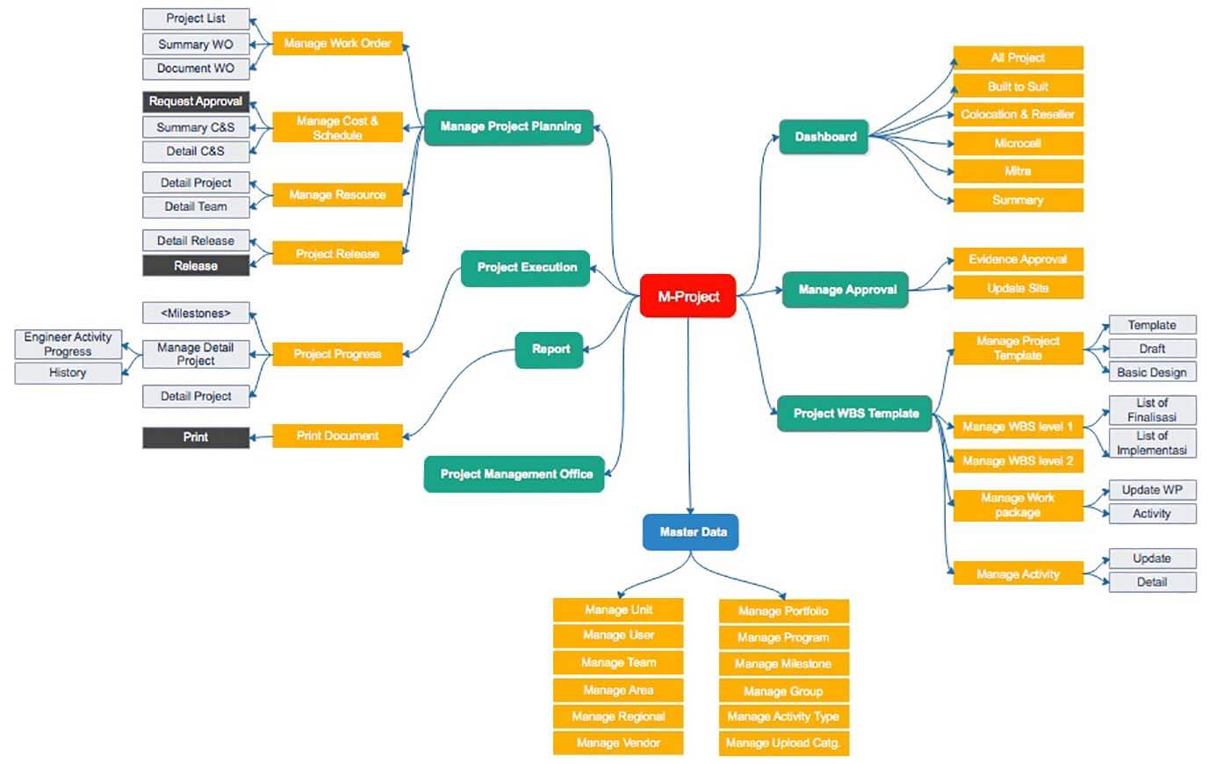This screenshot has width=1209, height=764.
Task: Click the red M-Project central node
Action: [687, 296]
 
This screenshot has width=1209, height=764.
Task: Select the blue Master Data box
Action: [691, 532]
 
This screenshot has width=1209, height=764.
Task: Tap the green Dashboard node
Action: [824, 137]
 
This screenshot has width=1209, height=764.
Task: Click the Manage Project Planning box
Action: [509, 126]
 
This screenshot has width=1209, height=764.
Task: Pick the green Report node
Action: [551, 350]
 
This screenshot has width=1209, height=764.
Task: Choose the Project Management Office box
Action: [515, 474]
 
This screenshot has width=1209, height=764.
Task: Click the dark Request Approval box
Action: [196, 102]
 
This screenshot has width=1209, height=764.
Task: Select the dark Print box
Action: [196, 437]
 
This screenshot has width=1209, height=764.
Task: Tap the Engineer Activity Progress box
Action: [68, 344]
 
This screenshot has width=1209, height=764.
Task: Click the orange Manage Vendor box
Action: [618, 743]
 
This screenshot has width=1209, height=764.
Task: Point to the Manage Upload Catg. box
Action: [783, 743]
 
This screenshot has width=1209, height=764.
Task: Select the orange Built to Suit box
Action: [1018, 86]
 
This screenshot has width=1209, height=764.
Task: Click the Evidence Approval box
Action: [1018, 259]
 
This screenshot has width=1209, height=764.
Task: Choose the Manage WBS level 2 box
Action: [1018, 461]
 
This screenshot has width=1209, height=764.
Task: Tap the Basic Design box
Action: [1151, 372]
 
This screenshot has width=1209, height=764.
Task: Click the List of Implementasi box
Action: [1151, 443]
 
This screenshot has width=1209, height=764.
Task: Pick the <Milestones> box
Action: [196, 314]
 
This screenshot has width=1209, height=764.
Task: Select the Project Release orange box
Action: [337, 254]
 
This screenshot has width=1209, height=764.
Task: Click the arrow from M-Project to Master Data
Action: [689, 413]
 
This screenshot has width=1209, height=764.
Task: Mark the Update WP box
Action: [1151, 490]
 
